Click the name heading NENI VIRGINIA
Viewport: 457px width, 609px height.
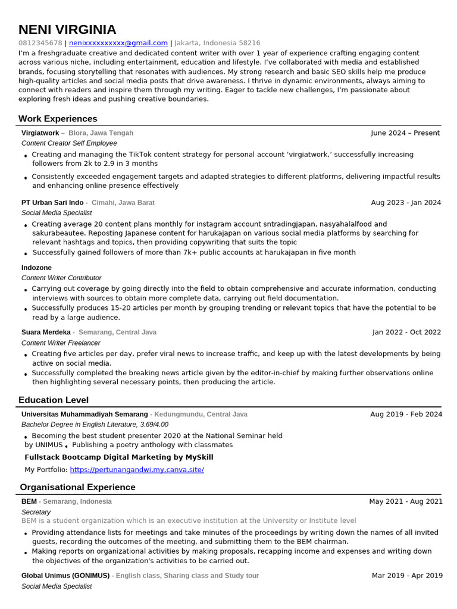click(67, 30)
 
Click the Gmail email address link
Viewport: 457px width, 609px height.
click(118, 43)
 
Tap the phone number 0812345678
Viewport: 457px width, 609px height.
click(40, 43)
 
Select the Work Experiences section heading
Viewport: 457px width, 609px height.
click(58, 118)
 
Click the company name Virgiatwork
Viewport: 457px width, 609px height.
click(40, 133)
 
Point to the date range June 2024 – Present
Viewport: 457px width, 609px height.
click(405, 133)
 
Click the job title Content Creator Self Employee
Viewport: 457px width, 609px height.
click(69, 143)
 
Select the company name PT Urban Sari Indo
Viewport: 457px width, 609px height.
click(52, 203)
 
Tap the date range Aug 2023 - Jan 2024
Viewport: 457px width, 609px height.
click(406, 203)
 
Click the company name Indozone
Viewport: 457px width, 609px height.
click(36, 268)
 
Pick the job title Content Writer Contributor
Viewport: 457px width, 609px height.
click(61, 278)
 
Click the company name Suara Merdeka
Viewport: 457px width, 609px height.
click(46, 332)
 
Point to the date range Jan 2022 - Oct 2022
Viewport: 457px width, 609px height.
click(406, 332)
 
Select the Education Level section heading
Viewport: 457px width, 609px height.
click(54, 400)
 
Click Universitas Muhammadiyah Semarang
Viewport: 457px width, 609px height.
click(84, 415)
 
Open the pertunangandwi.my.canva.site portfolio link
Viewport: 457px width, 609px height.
click(137, 470)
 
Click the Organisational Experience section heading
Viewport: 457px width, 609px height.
click(77, 487)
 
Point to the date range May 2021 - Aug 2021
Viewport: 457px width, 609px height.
click(405, 501)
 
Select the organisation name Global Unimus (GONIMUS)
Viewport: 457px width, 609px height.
click(65, 576)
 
